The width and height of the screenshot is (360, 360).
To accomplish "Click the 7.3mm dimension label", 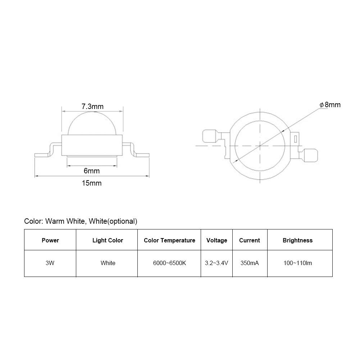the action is [x=92, y=106].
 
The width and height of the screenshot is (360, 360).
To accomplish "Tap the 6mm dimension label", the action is [x=92, y=171].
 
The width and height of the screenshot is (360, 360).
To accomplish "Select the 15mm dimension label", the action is [x=92, y=183].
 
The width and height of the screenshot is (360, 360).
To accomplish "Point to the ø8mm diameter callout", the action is [x=330, y=105].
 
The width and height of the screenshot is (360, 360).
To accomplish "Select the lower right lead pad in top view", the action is [x=310, y=155].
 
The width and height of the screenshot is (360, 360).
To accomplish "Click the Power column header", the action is [x=50, y=240].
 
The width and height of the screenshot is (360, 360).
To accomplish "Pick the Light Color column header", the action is [x=108, y=240].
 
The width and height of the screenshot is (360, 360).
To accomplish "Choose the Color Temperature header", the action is [x=169, y=240].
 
